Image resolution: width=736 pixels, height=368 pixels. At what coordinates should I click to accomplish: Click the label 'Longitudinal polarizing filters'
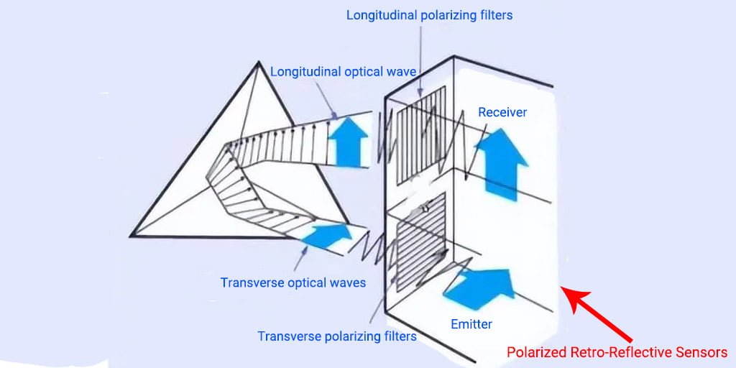(x=430, y=14)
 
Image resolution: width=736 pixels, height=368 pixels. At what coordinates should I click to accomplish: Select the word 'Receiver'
(x=502, y=112)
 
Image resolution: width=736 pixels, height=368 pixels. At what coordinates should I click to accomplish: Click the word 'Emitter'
(x=471, y=324)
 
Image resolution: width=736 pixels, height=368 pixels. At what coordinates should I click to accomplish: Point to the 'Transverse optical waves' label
(x=293, y=282)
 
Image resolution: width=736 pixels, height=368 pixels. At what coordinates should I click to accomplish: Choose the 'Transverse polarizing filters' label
(x=337, y=336)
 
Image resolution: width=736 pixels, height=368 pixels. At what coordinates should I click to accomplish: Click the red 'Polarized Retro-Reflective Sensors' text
(x=617, y=352)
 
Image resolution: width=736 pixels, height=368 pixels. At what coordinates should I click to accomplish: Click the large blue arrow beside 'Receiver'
(x=502, y=164)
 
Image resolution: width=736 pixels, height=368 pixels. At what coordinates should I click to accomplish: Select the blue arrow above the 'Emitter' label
(x=480, y=285)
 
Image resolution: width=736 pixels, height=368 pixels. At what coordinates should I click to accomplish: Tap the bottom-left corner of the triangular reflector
(x=131, y=235)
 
